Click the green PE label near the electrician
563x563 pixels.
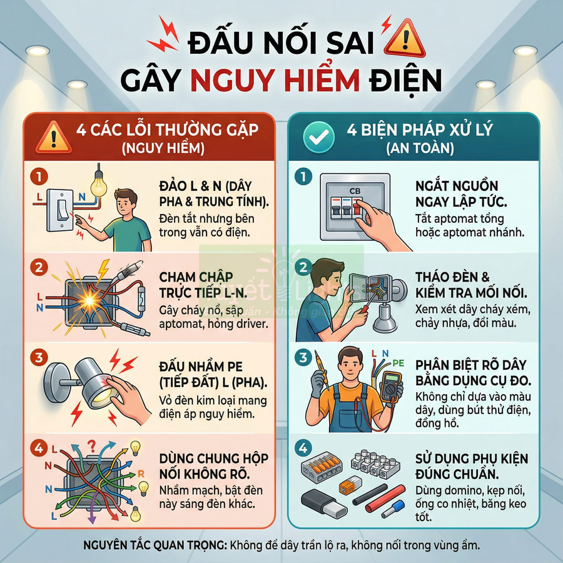coord(397,362)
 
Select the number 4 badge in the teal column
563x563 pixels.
coord(304,448)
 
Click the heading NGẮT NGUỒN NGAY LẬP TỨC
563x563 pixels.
coord(457,194)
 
